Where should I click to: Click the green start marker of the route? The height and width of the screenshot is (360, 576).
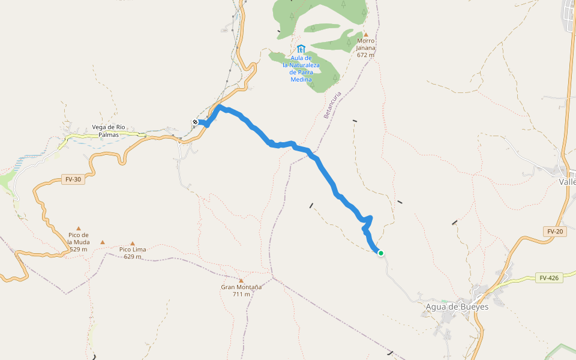click(x=380, y=253)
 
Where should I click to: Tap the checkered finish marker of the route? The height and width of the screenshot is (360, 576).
click(x=195, y=122)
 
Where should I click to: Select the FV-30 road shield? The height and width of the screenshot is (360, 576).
click(x=73, y=179)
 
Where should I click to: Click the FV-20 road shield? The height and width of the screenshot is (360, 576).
click(x=554, y=231)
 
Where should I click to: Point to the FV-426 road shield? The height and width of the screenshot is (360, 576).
click(x=548, y=278)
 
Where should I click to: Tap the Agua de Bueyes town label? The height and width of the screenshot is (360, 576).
click(x=457, y=307)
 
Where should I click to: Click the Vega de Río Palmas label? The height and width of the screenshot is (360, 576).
click(x=109, y=130)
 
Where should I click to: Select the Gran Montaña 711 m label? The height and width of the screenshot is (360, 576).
click(x=241, y=290)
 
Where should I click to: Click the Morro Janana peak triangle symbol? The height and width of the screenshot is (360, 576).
click(x=365, y=34)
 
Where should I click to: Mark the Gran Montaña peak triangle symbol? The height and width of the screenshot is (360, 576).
click(x=241, y=280)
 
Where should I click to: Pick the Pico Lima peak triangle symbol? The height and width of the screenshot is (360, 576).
click(x=133, y=243)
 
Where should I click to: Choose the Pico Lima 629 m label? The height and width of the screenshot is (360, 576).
click(x=133, y=253)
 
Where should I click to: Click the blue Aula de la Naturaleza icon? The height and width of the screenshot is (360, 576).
click(x=301, y=48)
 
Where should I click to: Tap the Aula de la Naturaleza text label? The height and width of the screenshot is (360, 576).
click(x=301, y=68)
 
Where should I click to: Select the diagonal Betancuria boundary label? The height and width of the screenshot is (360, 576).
click(x=332, y=104)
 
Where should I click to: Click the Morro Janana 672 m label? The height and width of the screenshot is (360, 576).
click(x=365, y=47)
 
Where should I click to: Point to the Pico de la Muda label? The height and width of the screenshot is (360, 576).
click(x=79, y=241)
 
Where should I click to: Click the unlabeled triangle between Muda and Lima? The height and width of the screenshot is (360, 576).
click(x=103, y=242)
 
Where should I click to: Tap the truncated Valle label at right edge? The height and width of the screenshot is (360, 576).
click(x=567, y=182)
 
